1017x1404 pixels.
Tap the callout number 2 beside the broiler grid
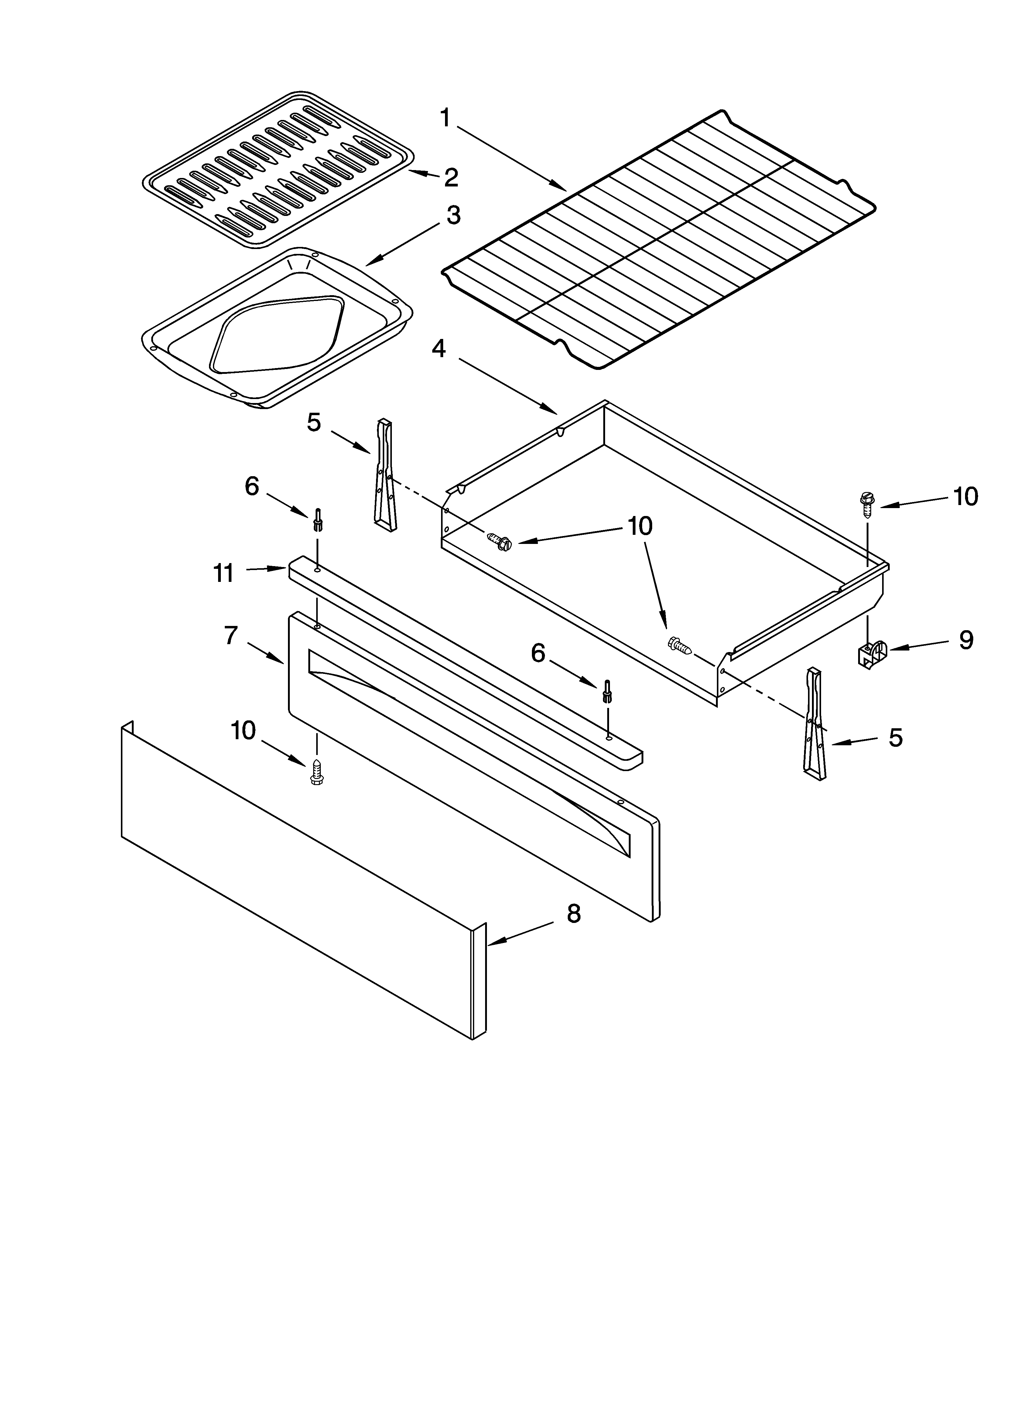pyautogui.click(x=451, y=178)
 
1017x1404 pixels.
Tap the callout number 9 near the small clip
pyautogui.click(x=966, y=640)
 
